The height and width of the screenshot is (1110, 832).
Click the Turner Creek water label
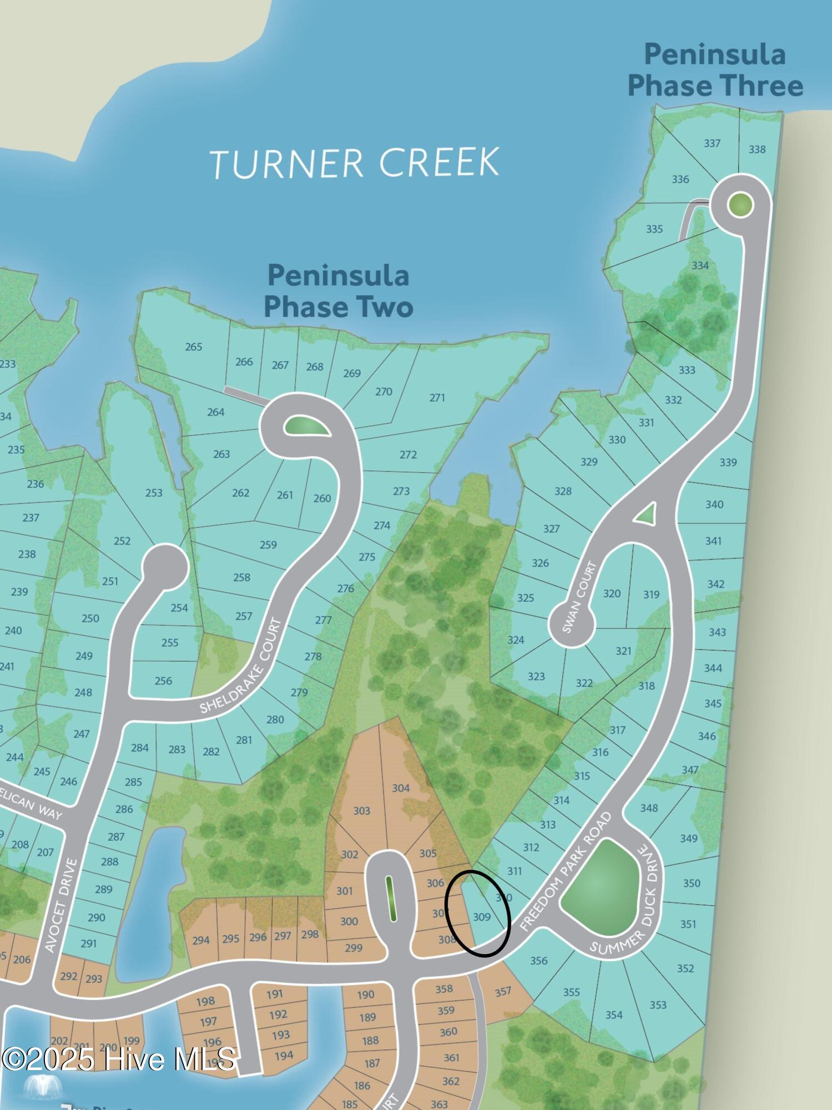(x=355, y=163)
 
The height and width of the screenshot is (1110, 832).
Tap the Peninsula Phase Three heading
(x=715, y=70)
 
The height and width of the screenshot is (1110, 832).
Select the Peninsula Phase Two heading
(x=338, y=291)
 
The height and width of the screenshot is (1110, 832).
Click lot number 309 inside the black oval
(x=482, y=917)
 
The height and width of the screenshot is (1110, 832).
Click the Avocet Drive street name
(x=59, y=905)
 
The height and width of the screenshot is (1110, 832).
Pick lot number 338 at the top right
(x=757, y=149)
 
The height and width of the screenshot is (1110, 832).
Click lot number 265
(x=194, y=347)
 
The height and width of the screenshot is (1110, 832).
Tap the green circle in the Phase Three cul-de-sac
(x=740, y=205)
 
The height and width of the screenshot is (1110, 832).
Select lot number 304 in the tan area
(x=401, y=788)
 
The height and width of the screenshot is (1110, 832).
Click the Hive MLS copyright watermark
(x=119, y=1059)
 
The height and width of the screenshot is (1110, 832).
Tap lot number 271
(x=437, y=397)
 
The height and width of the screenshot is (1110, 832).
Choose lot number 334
(x=700, y=265)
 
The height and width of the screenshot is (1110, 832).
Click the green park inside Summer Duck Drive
(x=599, y=887)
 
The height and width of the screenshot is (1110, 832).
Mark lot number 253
(x=154, y=492)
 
